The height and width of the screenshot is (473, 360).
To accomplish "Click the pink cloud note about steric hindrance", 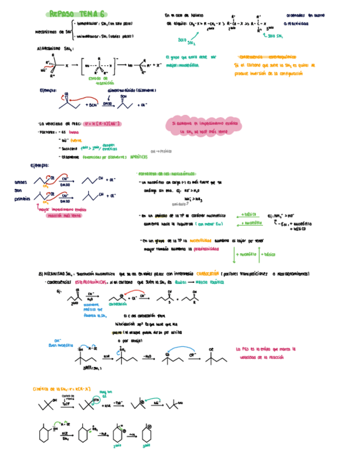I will pyautogui.click(x=204, y=127).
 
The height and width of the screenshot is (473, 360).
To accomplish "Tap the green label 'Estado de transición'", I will pyautogui.click(x=101, y=81).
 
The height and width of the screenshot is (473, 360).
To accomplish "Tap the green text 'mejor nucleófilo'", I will pyautogui.click(x=182, y=65).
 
